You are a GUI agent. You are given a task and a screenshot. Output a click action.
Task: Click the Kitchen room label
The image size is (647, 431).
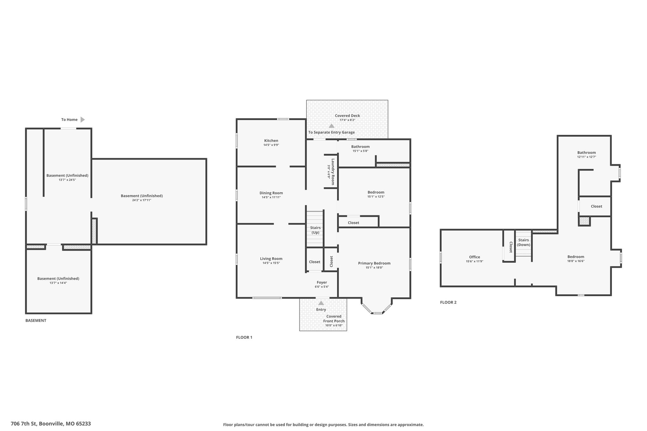click(271, 141)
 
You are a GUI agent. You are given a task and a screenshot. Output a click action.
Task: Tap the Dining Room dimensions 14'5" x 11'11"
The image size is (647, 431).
click(271, 197)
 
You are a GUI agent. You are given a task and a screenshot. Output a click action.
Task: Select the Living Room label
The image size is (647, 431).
click(271, 259)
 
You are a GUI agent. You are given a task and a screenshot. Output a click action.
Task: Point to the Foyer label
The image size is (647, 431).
click(322, 282)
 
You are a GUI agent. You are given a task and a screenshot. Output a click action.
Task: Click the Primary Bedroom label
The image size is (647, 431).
click(374, 263)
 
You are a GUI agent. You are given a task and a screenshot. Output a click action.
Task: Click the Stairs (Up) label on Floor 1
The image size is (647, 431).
click(315, 230)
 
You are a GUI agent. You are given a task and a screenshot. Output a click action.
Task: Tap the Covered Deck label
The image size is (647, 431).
click(348, 116)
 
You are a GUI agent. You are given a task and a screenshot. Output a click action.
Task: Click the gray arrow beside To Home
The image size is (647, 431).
click(83, 120)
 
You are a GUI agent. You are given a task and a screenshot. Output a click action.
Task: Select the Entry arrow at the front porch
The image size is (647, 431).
click(321, 303)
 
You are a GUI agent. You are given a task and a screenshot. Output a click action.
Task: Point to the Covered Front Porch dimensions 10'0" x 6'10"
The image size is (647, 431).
click(334, 325)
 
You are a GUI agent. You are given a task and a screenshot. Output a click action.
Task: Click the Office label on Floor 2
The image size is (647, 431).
click(475, 257)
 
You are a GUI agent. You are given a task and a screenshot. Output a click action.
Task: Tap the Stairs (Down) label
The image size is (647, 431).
click(523, 242)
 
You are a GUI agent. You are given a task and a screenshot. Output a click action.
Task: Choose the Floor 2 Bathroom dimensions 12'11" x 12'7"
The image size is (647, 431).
click(587, 157)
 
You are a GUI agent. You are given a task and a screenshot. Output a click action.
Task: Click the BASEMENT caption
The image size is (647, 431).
click(36, 320)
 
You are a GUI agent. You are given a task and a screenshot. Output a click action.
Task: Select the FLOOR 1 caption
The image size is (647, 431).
click(244, 337)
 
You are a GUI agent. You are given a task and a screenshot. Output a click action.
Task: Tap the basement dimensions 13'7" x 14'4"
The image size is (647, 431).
click(58, 283)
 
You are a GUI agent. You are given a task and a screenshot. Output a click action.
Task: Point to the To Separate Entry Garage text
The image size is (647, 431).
click(331, 132)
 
